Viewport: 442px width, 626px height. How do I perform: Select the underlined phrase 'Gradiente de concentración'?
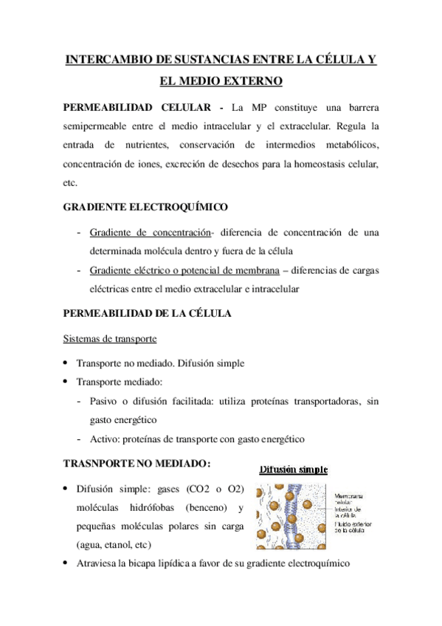pyautogui.click(x=150, y=233)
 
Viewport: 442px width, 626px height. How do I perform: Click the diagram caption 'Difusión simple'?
pyautogui.click(x=293, y=469)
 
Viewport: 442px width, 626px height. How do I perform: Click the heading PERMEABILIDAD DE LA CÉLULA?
pyautogui.click(x=148, y=313)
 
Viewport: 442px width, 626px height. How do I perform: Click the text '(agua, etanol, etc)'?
pyautogui.click(x=113, y=546)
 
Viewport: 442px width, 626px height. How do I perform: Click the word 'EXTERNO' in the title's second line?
pyautogui.click(x=255, y=80)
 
